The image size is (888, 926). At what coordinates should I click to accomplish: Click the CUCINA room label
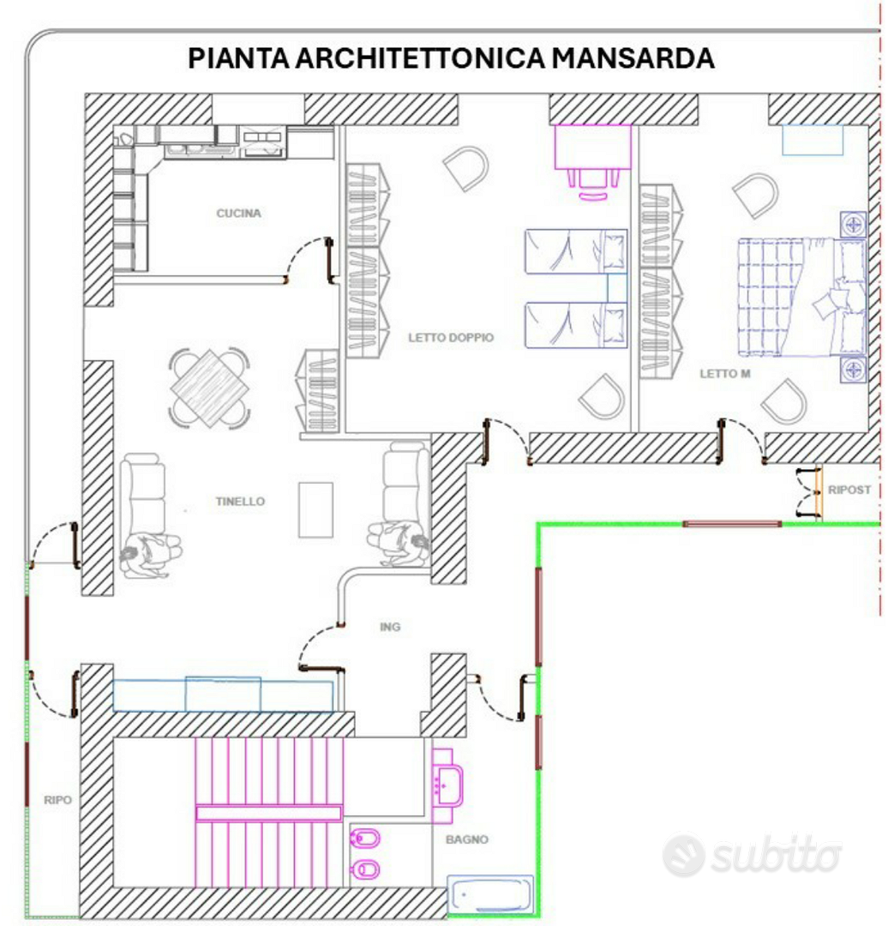pyautogui.click(x=238, y=213)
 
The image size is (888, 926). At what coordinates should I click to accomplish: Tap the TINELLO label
pyautogui.click(x=240, y=502)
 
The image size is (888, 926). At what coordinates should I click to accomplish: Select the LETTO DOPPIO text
pyautogui.click(x=451, y=338)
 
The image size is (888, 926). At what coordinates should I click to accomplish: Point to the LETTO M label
pyautogui.click(x=725, y=374)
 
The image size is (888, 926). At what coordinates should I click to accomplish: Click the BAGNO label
pyautogui.click(x=467, y=839)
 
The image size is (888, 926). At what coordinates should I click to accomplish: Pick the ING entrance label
pyautogui.click(x=390, y=627)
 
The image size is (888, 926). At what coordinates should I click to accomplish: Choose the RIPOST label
pyautogui.click(x=849, y=490)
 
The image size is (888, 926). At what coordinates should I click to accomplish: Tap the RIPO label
pyautogui.click(x=58, y=800)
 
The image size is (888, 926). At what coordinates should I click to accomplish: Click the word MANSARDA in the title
pyautogui.click(x=633, y=58)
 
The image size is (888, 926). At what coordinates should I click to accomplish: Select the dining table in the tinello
pyautogui.click(x=210, y=388)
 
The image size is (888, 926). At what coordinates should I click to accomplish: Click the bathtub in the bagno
pyautogui.click(x=490, y=894)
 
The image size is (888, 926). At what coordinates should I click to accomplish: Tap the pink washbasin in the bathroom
pyautogui.click(x=447, y=786)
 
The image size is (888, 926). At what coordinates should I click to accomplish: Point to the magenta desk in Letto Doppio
pyautogui.click(x=592, y=147)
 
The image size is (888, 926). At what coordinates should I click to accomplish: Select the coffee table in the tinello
pyautogui.click(x=315, y=509)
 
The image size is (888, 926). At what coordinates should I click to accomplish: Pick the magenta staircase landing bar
pyautogui.click(x=268, y=814)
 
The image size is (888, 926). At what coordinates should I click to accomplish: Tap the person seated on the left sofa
pyautogui.click(x=150, y=554)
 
